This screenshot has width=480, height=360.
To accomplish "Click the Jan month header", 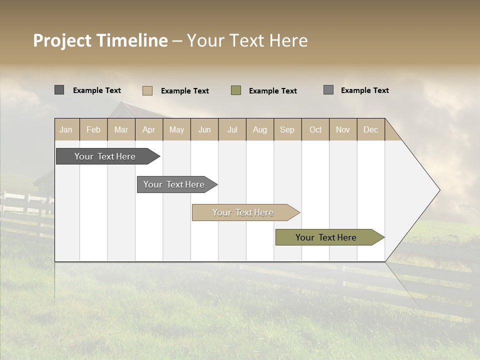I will point(66,129).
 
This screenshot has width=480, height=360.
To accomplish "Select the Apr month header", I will point(149,129).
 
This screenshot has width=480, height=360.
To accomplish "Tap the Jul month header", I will point(232,129).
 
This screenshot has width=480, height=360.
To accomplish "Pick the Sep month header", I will point(287,129).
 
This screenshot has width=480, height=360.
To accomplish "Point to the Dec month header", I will point(370,129).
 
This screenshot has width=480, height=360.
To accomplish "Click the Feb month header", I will point(93,129).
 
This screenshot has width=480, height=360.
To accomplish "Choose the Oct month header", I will point(315,129).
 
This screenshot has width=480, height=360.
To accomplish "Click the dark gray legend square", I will point(59,90).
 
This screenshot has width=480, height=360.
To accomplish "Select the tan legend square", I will point(147,90).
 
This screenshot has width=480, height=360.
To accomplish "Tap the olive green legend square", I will point(236,90).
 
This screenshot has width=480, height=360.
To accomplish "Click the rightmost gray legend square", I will point(328,90).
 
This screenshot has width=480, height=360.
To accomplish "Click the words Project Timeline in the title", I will point(100,40).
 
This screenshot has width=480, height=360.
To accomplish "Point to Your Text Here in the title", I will point(247,40).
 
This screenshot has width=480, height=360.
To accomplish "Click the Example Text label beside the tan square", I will point(184,91).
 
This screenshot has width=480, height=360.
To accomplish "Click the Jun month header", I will point(204,129).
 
